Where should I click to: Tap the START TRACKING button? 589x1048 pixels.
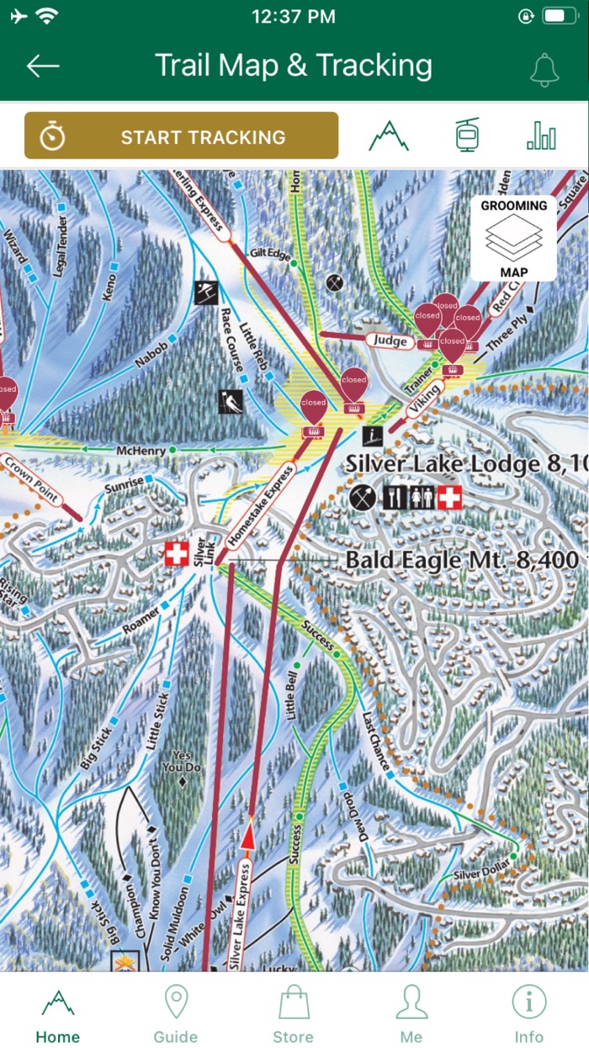click(x=181, y=136)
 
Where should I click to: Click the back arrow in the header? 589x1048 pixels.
click(x=43, y=67)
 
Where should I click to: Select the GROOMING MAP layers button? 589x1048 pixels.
click(x=513, y=238)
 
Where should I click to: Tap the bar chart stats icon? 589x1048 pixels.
click(x=541, y=136)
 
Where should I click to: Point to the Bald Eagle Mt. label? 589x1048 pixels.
click(x=462, y=560)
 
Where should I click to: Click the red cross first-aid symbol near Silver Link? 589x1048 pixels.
click(x=176, y=554)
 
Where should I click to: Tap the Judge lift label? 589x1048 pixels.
click(x=390, y=340)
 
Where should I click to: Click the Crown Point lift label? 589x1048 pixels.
click(x=31, y=480)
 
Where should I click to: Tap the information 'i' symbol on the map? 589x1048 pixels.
click(x=372, y=436)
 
